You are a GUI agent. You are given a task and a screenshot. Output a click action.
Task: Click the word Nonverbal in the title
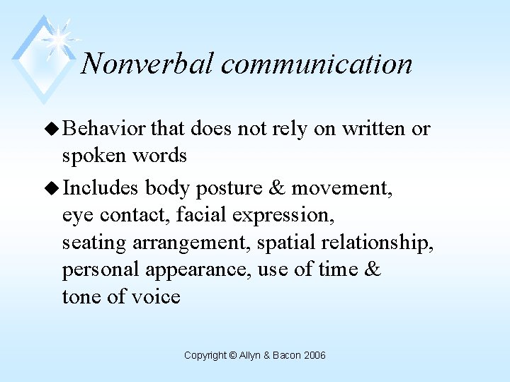click(x=147, y=64)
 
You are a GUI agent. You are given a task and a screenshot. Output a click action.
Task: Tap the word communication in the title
click(x=317, y=64)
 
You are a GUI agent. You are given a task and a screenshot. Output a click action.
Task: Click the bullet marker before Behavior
click(x=53, y=129)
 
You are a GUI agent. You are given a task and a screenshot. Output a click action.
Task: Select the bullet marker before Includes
click(x=53, y=188)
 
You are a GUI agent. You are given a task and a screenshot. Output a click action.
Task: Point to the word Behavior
click(x=104, y=129)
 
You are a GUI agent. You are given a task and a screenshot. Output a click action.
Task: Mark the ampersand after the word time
click(x=370, y=269)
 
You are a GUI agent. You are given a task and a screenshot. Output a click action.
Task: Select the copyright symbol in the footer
click(x=233, y=355)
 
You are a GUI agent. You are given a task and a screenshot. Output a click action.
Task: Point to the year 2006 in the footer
click(x=314, y=355)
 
